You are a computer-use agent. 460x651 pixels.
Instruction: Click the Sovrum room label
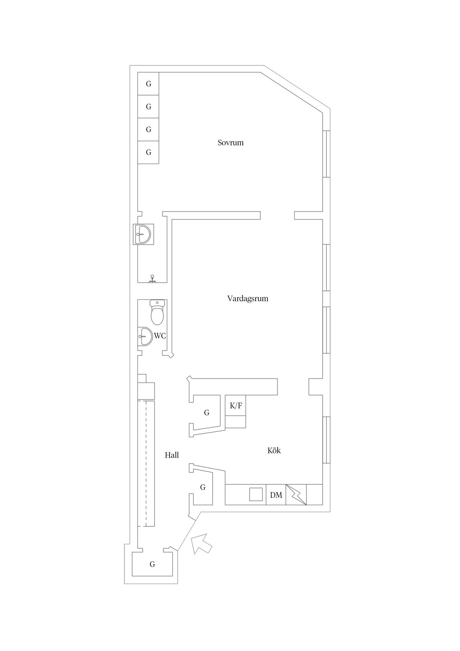(x=231, y=143)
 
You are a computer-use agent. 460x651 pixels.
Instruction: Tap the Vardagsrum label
(x=247, y=299)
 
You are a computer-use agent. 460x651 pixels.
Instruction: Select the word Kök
(x=274, y=451)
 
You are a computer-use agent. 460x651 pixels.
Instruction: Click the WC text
(x=160, y=336)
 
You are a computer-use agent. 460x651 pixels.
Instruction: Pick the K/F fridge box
(x=236, y=406)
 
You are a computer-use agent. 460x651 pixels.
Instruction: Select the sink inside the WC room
(x=144, y=336)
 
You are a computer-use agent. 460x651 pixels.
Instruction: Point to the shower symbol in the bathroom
(x=153, y=278)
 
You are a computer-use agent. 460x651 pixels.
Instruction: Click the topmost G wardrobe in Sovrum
(x=148, y=84)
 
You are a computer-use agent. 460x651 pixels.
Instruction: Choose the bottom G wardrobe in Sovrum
(x=148, y=153)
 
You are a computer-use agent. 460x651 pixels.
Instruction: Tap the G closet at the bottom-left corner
(x=153, y=564)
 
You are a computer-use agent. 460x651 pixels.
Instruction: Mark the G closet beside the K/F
(x=206, y=413)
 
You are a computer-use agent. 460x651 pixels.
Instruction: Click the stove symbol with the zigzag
(x=296, y=495)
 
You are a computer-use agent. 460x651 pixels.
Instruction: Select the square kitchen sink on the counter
(x=256, y=494)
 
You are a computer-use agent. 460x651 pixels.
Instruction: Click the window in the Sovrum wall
(x=327, y=154)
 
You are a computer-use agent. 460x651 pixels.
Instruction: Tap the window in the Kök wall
(x=327, y=440)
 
